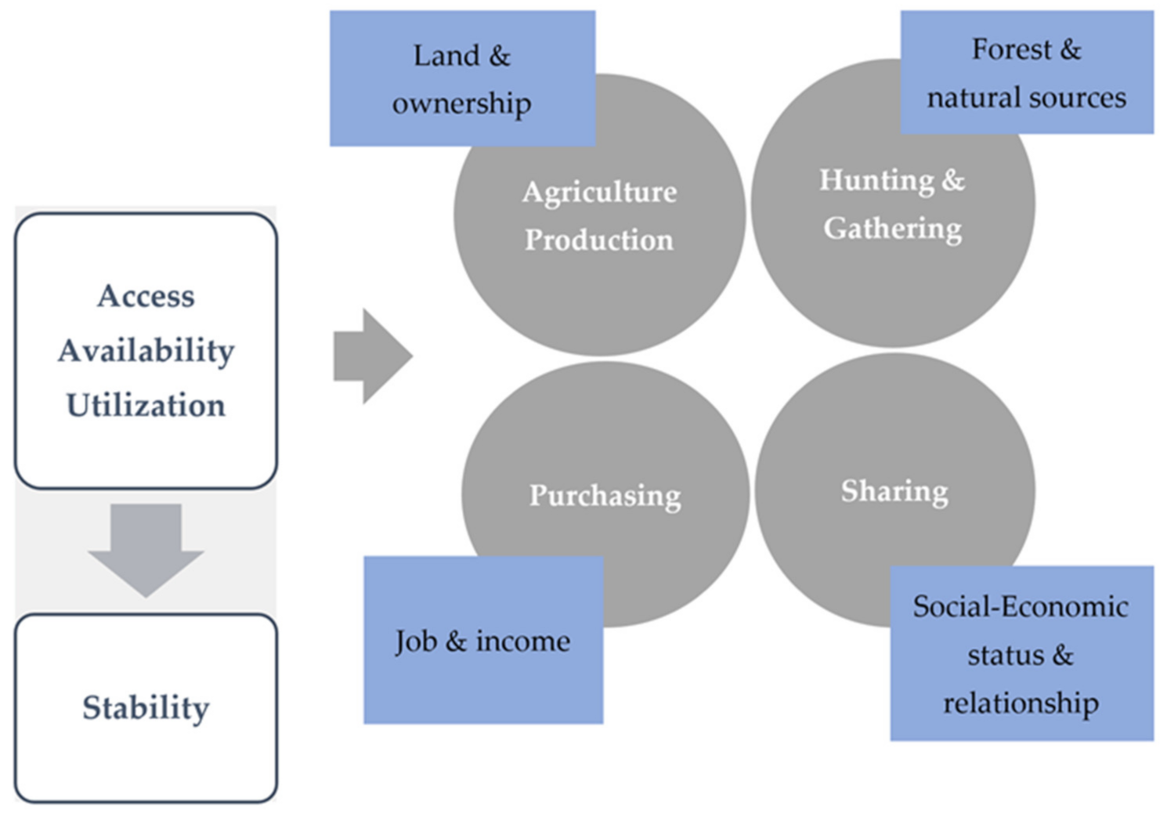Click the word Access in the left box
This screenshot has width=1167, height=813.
click(146, 296)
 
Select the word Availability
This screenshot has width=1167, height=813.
click(146, 351)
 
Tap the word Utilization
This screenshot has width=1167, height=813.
click(146, 406)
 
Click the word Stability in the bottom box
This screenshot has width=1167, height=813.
click(146, 708)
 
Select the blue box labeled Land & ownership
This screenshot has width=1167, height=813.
click(462, 78)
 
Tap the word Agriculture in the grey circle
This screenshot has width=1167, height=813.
click(599, 192)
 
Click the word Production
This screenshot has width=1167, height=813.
click(599, 240)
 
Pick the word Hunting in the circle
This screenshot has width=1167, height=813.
click(876, 180)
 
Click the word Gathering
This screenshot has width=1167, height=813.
click(892, 229)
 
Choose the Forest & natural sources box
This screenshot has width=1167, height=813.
click(1026, 73)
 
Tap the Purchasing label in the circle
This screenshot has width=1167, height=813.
click(605, 495)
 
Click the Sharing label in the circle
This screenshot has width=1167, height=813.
click(894, 491)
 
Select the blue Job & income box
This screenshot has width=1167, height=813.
click(483, 641)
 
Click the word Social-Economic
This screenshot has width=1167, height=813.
click(1020, 607)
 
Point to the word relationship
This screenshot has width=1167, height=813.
click(1020, 703)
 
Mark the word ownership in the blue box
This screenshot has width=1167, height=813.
click(461, 103)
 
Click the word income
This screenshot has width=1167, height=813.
click(523, 641)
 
